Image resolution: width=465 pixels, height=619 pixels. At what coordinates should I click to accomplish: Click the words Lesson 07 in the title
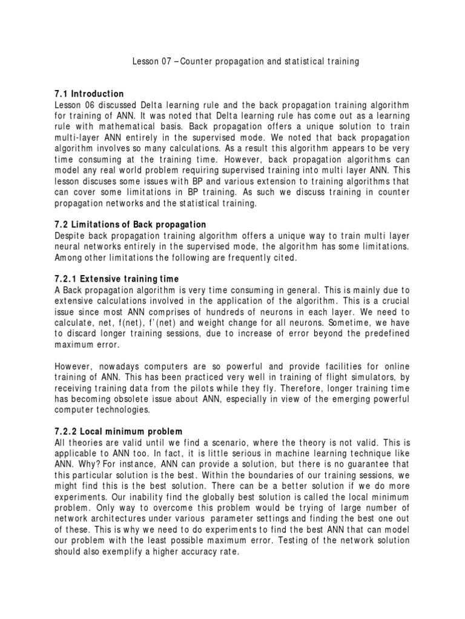click(x=148, y=62)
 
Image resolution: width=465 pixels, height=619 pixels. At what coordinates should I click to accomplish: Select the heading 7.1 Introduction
click(x=89, y=94)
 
